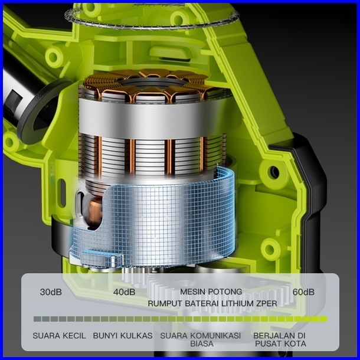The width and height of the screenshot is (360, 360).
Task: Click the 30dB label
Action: (x=51, y=292)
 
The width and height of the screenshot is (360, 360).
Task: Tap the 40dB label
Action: (x=124, y=292)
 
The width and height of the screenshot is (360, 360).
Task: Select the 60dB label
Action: (x=303, y=292)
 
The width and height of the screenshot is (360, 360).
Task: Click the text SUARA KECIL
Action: (x=59, y=336)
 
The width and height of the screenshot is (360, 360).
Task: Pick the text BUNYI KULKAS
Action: (x=123, y=336)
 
